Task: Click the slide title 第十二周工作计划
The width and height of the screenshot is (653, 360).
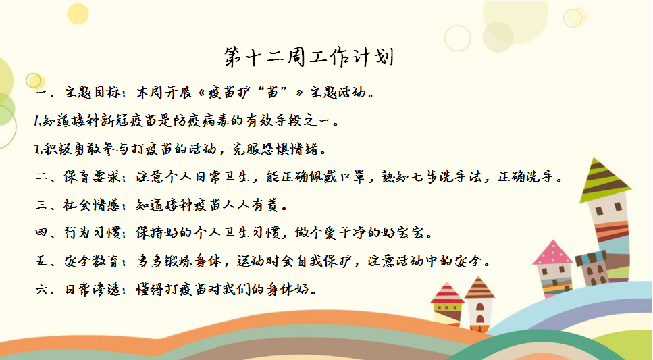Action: coord(309,57)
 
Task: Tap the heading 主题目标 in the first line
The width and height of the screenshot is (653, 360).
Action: coord(90,92)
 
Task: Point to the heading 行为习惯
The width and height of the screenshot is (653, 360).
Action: coord(90,232)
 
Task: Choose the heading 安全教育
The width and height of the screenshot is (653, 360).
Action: coord(90,261)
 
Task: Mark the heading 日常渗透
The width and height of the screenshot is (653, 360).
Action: coord(90,289)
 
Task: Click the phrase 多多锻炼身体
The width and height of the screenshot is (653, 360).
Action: coord(179,261)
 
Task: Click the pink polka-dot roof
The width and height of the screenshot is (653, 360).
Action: coord(552,253)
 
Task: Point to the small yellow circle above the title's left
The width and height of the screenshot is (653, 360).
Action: coord(78,14)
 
